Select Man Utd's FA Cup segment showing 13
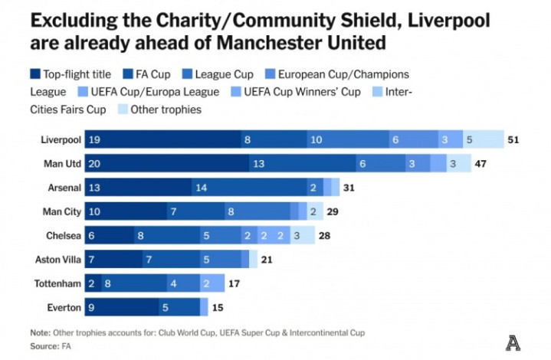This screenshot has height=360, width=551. point(302,163)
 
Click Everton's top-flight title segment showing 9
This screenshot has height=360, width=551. point(121,307)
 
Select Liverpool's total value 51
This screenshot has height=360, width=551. point(513,139)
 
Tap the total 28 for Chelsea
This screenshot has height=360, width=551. point(324,235)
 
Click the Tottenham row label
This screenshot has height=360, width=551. point(57,283)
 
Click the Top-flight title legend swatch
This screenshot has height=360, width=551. point(35,74)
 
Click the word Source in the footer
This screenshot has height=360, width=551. point(43,346)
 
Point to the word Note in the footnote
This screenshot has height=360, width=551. point(39,332)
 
